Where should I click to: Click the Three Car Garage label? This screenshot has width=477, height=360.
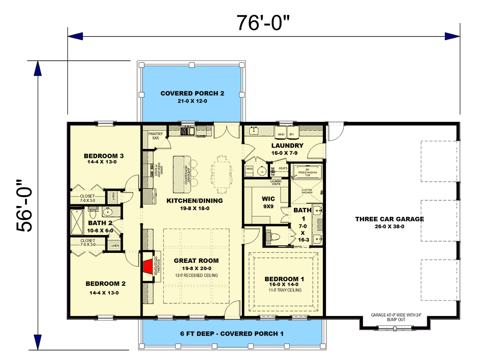tap(389, 219)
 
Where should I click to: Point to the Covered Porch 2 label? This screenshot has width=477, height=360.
tap(192, 94)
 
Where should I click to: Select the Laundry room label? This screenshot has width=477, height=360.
tap(287, 146)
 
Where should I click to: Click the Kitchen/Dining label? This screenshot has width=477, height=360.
tap(194, 201)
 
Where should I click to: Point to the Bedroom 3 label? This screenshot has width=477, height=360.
tap(103, 156)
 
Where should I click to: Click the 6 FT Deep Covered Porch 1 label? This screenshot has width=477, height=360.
tap(232, 334)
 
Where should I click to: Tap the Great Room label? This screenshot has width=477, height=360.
tap(196, 261)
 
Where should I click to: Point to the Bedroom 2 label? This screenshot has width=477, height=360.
tap(105, 284)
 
